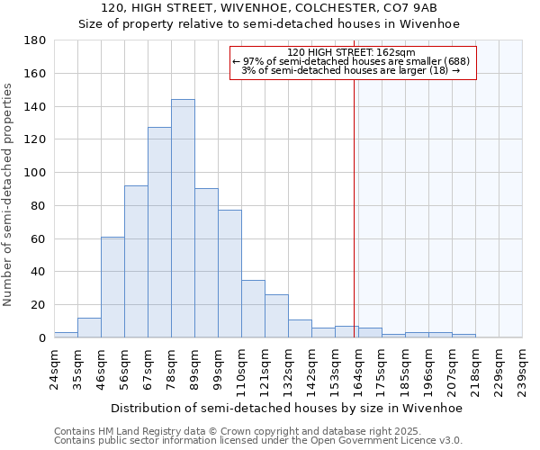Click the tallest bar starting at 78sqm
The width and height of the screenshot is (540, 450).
(x=183, y=219)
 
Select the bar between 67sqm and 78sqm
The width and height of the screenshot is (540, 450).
(x=159, y=232)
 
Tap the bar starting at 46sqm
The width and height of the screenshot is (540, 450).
(x=112, y=287)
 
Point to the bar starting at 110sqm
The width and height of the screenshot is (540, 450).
(x=253, y=309)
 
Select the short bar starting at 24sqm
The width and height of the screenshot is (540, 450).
(x=66, y=335)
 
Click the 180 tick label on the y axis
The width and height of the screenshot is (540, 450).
(x=35, y=40)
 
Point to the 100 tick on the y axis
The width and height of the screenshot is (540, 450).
(x=35, y=173)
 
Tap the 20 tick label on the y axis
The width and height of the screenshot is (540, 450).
(x=39, y=305)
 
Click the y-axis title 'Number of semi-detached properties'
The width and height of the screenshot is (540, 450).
(x=9, y=194)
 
